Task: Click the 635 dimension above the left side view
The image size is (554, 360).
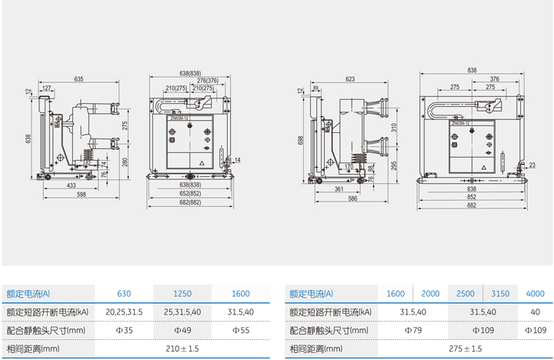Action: (x=79, y=78)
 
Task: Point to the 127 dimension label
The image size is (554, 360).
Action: (x=47, y=88)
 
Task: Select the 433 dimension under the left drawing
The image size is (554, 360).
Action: (x=71, y=185)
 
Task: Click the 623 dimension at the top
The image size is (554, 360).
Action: (x=351, y=78)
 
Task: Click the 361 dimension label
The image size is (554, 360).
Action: (x=339, y=188)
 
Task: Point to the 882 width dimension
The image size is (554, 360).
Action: (x=472, y=205)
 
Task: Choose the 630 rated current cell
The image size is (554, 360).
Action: (x=124, y=293)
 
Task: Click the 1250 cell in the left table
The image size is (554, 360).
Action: (x=182, y=293)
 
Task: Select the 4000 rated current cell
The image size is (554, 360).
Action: (x=535, y=293)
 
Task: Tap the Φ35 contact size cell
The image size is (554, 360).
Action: (x=124, y=330)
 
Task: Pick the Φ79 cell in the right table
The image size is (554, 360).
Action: (x=414, y=330)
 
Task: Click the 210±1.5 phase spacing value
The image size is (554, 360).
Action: (x=182, y=348)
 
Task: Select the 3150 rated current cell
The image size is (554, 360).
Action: (x=500, y=293)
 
